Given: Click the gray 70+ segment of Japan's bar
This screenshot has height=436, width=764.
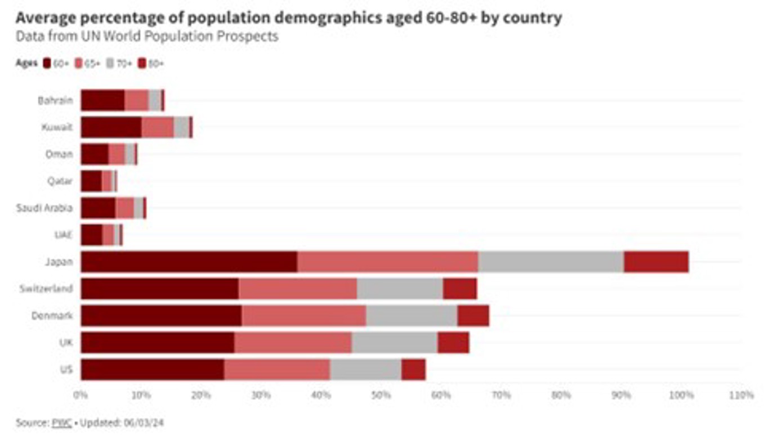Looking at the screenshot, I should [551, 262].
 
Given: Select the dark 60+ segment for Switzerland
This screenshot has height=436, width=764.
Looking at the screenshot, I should [159, 289].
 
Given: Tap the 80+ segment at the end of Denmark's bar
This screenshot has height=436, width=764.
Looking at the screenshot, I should [473, 316].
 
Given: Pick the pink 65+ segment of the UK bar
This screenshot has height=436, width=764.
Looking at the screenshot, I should [293, 343].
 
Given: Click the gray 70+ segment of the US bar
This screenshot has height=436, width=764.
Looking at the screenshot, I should [365, 370].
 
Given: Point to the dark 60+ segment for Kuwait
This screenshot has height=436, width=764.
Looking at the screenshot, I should [111, 127].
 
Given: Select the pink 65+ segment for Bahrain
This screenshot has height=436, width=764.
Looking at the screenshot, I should [136, 100].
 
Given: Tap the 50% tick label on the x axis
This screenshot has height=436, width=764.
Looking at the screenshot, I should [381, 395].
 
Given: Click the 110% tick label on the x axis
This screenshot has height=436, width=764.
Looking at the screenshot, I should [741, 395].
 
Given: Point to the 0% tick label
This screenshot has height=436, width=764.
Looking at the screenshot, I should [81, 395].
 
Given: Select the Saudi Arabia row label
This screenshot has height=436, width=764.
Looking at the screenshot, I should [44, 208].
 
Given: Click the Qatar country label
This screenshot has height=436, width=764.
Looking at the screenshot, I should [60, 181].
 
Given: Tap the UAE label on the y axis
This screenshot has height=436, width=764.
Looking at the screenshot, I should [64, 235].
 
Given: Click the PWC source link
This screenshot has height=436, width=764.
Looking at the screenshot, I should [62, 422].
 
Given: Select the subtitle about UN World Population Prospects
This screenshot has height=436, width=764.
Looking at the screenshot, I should [146, 37].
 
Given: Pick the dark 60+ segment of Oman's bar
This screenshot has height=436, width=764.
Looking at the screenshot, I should [95, 154].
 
